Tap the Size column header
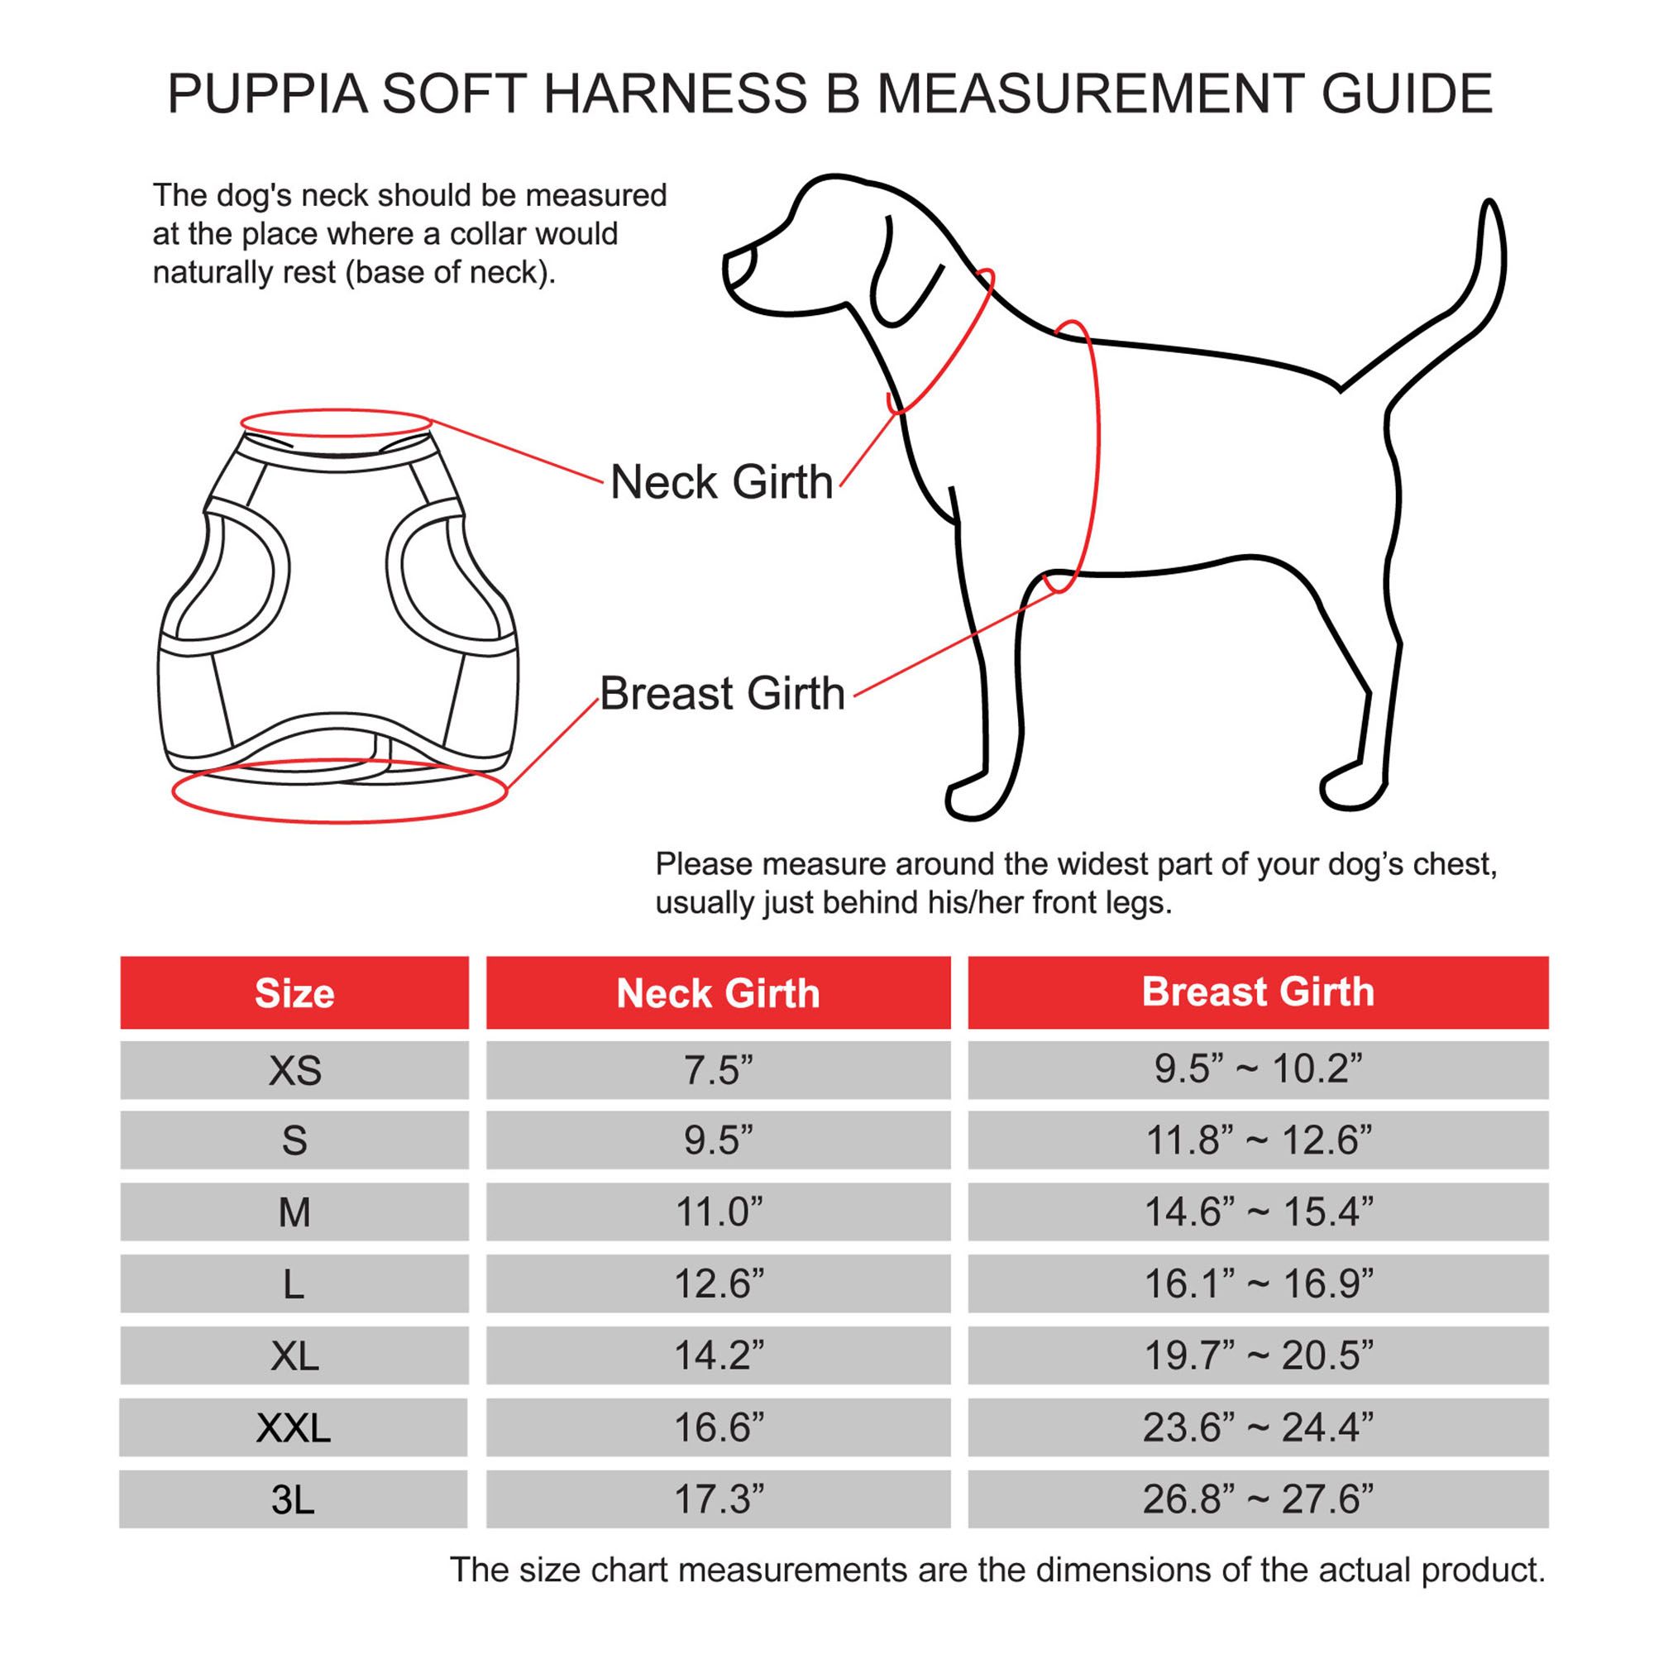[x=294, y=993]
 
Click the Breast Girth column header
[x=1257, y=992]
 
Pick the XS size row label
[x=294, y=1071]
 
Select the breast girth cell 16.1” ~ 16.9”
[x=1257, y=1284]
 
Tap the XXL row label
[x=293, y=1427]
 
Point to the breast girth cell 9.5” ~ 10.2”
[x=1257, y=1069]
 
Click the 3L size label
[x=293, y=1499]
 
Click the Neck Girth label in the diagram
[x=721, y=482]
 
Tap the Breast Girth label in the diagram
[x=722, y=694]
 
